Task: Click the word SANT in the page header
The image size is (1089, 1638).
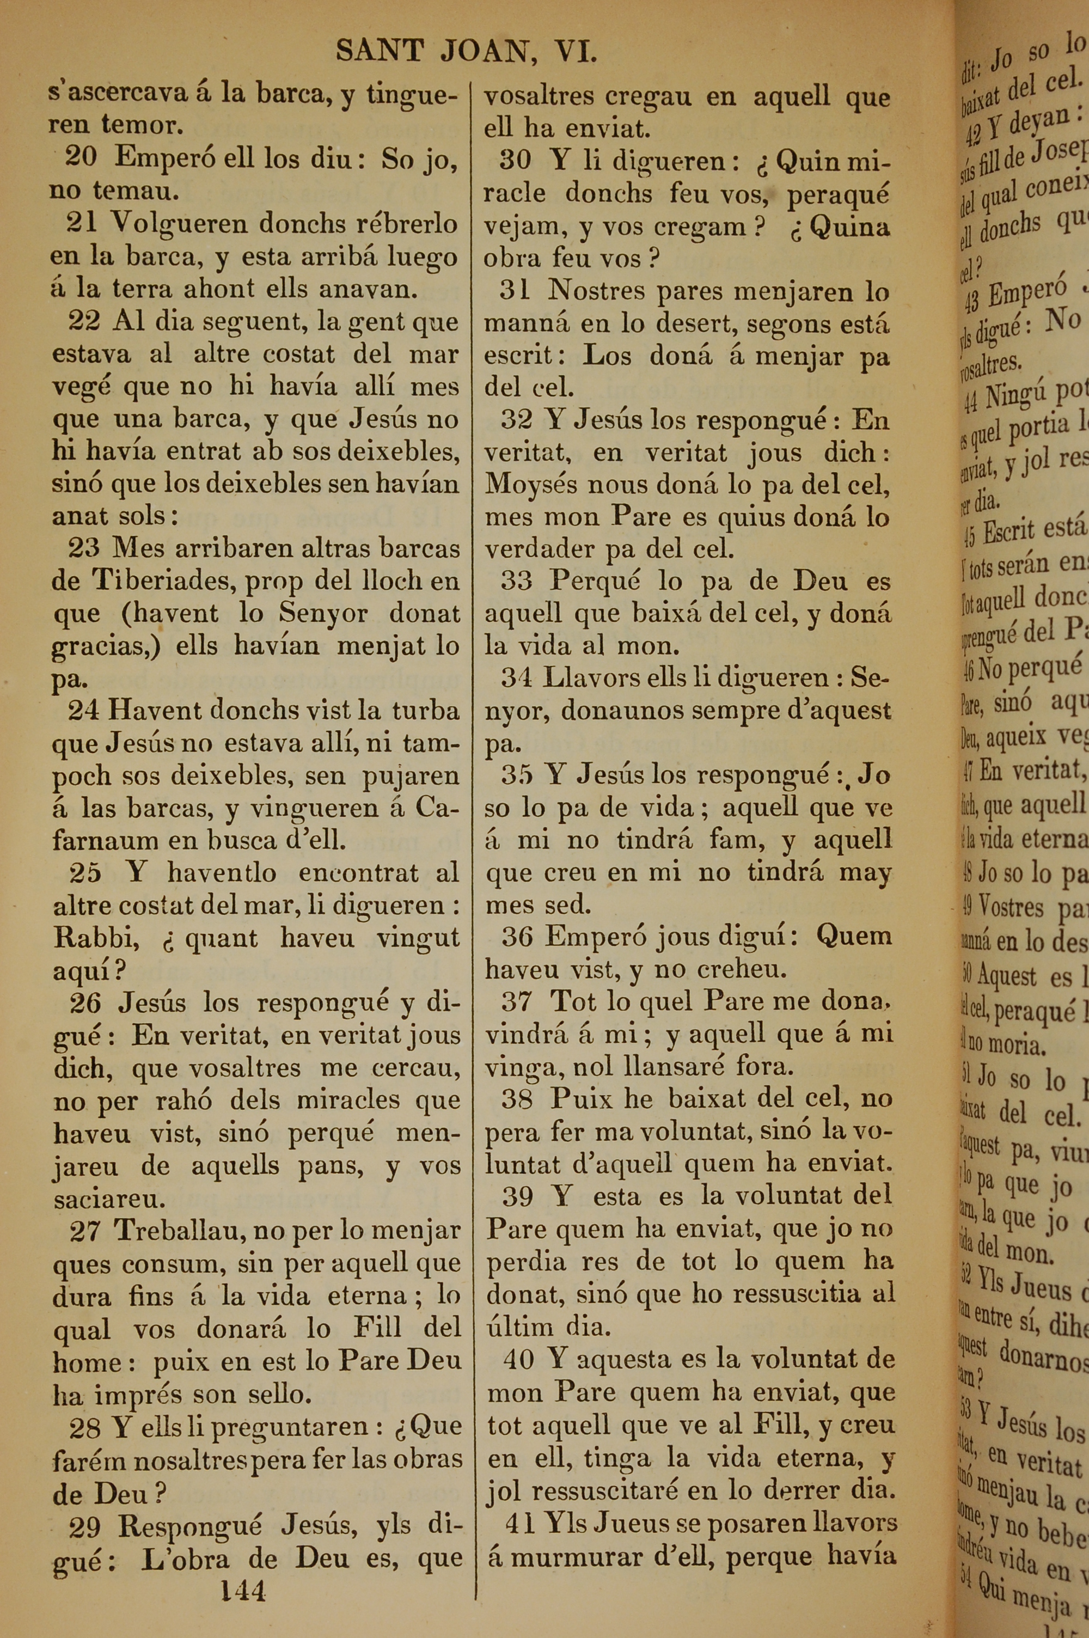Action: click(379, 51)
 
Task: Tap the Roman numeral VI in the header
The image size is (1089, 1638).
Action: click(576, 51)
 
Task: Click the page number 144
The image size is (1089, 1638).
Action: click(243, 1590)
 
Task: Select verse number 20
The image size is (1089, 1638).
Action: click(81, 157)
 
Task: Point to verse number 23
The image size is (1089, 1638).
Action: click(84, 548)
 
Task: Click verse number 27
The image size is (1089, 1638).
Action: click(85, 1231)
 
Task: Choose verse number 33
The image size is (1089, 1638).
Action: click(517, 580)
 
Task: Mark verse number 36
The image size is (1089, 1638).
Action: click(517, 937)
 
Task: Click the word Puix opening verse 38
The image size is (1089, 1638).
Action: click(579, 1098)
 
